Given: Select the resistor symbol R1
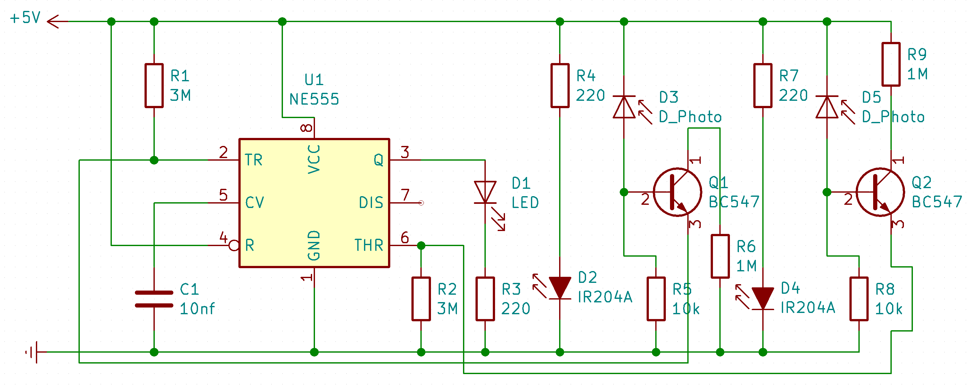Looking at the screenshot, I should pyautogui.click(x=154, y=86).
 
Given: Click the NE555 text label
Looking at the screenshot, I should pyautogui.click(x=314, y=100).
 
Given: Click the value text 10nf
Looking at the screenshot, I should pyautogui.click(x=197, y=309).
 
